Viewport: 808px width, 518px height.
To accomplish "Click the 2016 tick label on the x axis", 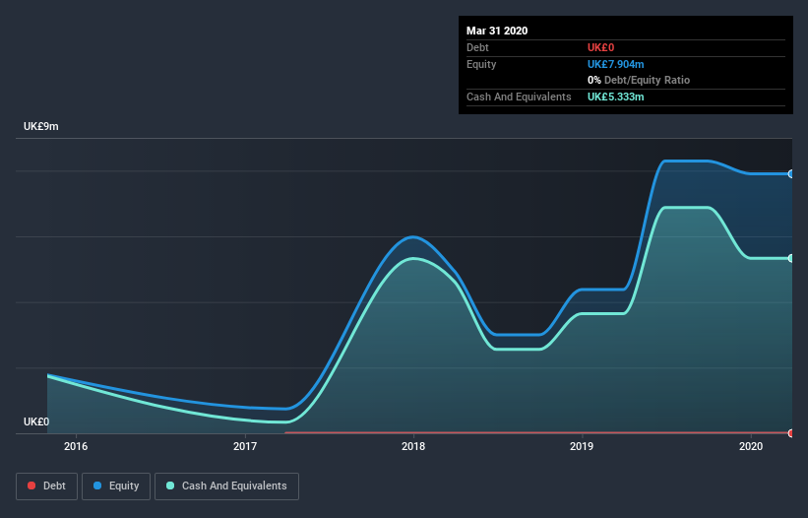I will pyautogui.click(x=76, y=447).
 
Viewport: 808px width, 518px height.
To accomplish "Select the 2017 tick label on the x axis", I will pyautogui.click(x=245, y=447).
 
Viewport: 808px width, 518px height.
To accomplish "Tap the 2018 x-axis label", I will pyautogui.click(x=413, y=447).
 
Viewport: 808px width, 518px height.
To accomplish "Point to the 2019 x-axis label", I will pyautogui.click(x=582, y=447).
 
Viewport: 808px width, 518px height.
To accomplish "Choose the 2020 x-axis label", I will pyautogui.click(x=751, y=447).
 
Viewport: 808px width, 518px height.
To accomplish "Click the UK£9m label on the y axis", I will pyautogui.click(x=41, y=127).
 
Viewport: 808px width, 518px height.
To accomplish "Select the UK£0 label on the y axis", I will pyautogui.click(x=36, y=421).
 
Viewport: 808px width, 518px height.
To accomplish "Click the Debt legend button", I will pyautogui.click(x=45, y=486).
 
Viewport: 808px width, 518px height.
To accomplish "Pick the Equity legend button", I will pyautogui.click(x=116, y=486).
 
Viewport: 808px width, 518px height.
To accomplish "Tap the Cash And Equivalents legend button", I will pyautogui.click(x=226, y=486).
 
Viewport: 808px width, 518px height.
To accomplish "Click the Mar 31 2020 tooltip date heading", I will pyautogui.click(x=497, y=31).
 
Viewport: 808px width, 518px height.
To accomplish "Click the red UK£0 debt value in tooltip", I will pyautogui.click(x=601, y=47).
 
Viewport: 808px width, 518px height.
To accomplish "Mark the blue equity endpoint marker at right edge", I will pyautogui.click(x=790, y=173).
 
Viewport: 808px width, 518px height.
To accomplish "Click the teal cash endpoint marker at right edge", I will pyautogui.click(x=790, y=258).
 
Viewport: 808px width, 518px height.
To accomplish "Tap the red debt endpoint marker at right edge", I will pyautogui.click(x=790, y=432).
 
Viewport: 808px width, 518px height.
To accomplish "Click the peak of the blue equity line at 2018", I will pyautogui.click(x=413, y=236).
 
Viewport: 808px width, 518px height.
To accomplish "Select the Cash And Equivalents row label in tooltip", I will pyautogui.click(x=519, y=97).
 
